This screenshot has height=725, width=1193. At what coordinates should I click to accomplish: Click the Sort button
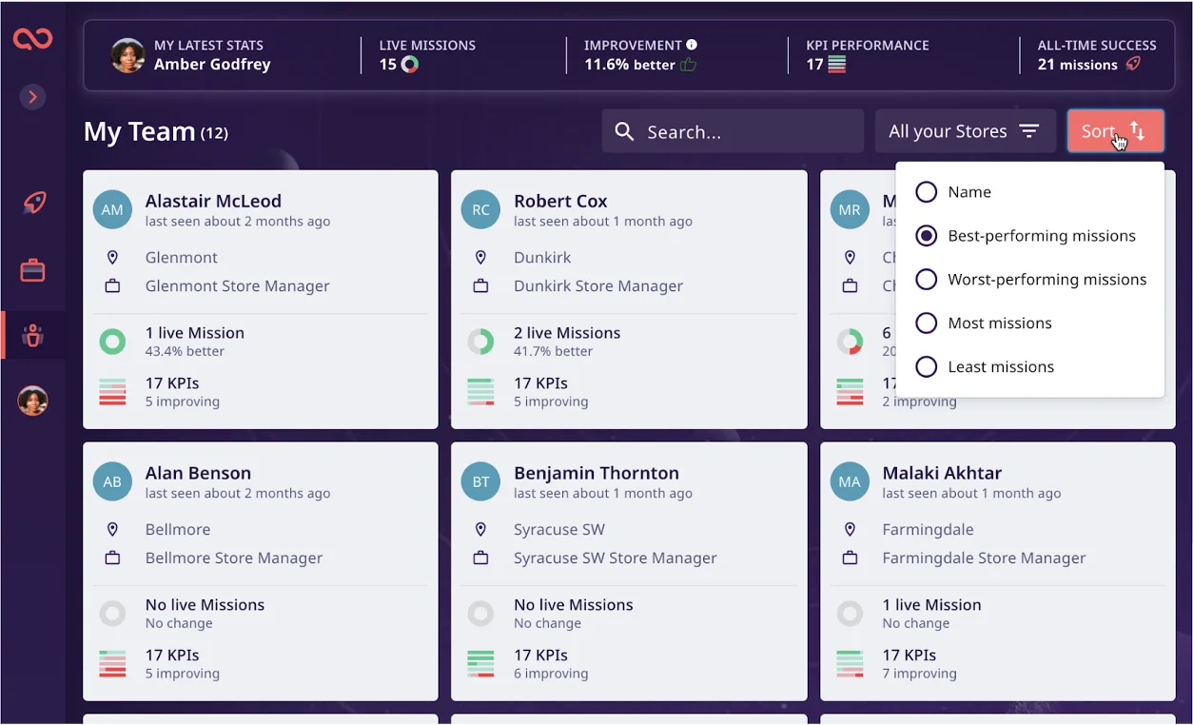pyautogui.click(x=1115, y=131)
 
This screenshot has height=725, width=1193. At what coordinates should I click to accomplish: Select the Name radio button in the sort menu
pyautogui.click(x=927, y=192)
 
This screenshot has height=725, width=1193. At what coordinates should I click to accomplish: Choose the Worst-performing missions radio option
pyautogui.click(x=927, y=279)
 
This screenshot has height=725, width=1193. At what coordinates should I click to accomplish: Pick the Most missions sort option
pyautogui.click(x=927, y=323)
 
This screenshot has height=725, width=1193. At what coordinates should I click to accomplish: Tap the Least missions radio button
pyautogui.click(x=927, y=366)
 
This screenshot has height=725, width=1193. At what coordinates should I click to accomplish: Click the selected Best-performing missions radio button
pyautogui.click(x=927, y=235)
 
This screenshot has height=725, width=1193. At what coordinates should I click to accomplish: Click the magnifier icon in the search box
pyautogui.click(x=624, y=131)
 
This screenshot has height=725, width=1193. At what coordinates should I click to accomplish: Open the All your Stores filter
pyautogui.click(x=965, y=131)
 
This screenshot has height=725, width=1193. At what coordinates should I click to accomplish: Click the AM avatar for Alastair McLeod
pyautogui.click(x=112, y=209)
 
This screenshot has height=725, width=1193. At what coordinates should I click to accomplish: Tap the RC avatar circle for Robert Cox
pyautogui.click(x=480, y=209)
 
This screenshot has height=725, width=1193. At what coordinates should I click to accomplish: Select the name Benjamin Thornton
pyautogui.click(x=596, y=473)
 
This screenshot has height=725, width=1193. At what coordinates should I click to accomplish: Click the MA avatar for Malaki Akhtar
pyautogui.click(x=850, y=481)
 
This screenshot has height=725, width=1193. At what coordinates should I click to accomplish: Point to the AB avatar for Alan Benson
pyautogui.click(x=112, y=481)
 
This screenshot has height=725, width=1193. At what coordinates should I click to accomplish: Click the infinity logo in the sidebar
pyautogui.click(x=33, y=39)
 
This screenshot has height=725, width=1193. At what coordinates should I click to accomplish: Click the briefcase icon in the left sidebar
pyautogui.click(x=32, y=270)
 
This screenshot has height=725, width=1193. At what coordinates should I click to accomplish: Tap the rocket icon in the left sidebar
pyautogui.click(x=34, y=203)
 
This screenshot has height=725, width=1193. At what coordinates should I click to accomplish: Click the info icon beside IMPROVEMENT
pyautogui.click(x=692, y=45)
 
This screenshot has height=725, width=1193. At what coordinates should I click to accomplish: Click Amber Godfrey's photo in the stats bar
pyautogui.click(x=127, y=55)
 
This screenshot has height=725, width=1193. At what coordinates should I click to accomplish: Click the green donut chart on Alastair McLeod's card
pyautogui.click(x=112, y=342)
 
